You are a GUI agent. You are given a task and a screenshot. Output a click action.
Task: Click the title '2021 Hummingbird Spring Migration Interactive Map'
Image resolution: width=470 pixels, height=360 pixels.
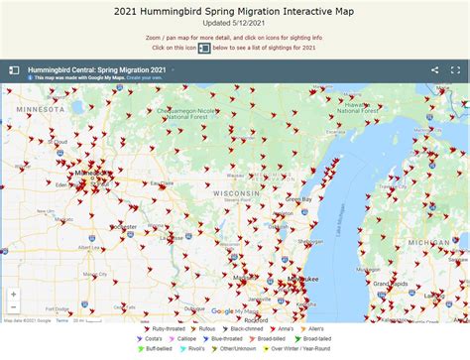(x=235, y=12)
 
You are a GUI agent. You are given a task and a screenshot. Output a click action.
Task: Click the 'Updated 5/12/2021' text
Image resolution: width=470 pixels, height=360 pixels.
(x=235, y=25)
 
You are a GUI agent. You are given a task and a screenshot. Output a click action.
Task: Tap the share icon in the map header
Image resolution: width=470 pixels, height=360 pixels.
(x=434, y=70)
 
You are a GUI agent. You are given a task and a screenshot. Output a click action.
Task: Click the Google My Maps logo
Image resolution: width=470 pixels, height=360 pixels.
(x=235, y=310)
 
